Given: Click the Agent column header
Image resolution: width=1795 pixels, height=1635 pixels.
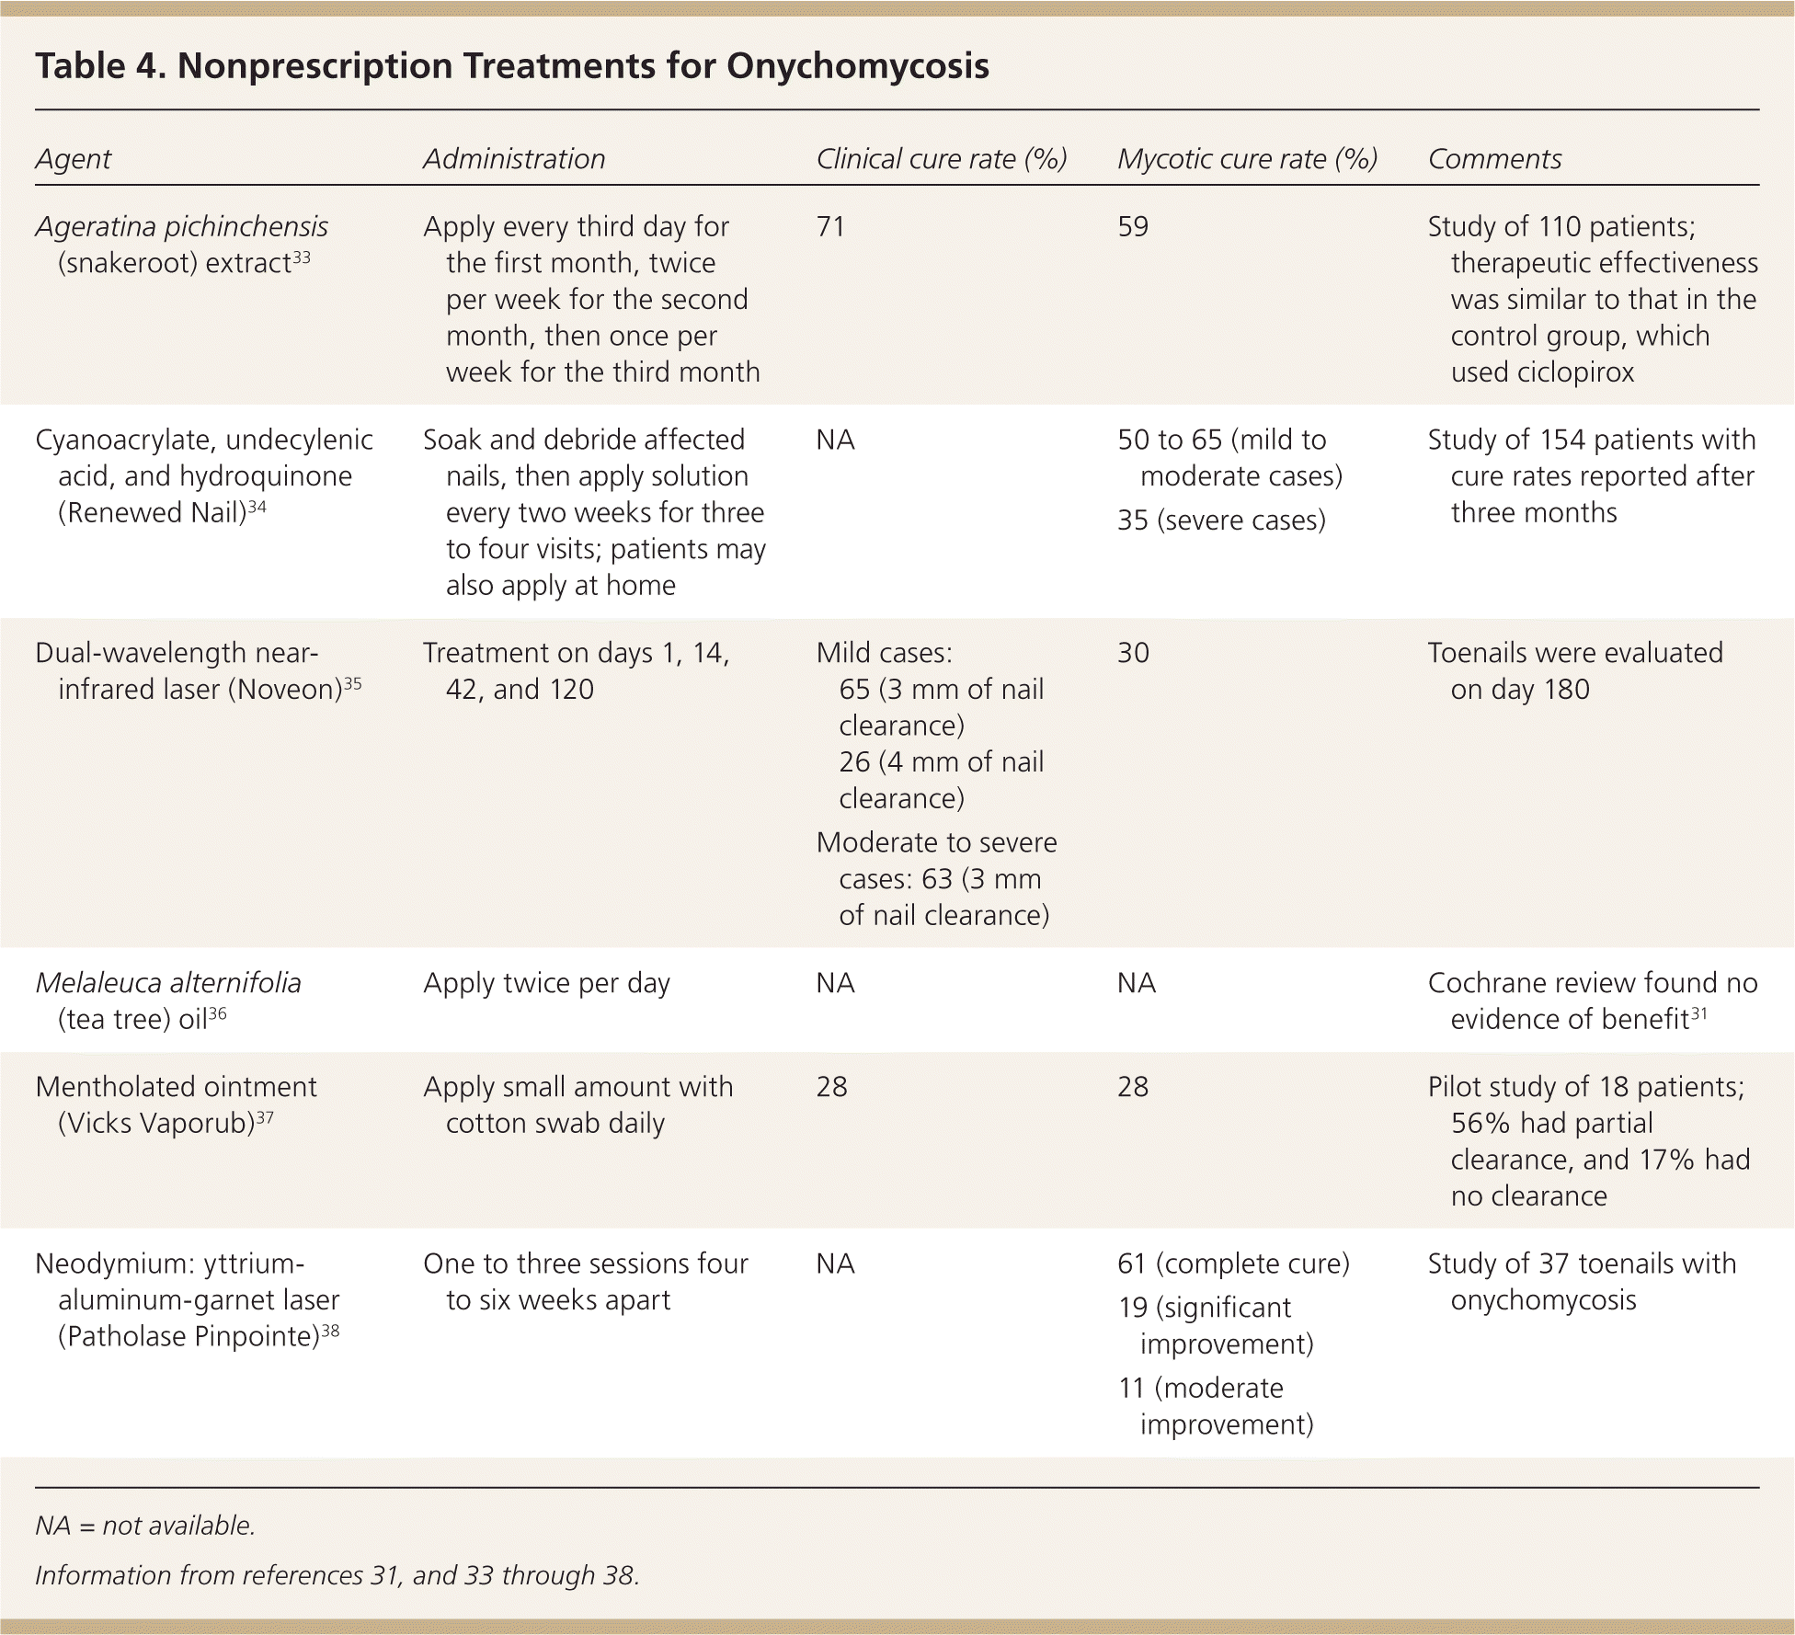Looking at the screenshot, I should click(73, 159).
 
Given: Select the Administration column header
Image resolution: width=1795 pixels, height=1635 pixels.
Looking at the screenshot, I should click(514, 159).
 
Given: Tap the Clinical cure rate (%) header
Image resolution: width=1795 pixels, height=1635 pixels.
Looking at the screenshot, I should click(941, 159).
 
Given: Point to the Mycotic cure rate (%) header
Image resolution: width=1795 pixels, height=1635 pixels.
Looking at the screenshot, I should click(1247, 159).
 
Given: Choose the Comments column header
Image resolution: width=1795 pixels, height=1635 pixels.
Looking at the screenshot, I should click(1494, 159).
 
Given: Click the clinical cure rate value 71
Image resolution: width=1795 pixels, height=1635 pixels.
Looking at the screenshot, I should click(830, 227).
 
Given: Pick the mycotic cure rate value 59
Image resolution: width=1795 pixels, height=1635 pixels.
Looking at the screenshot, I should click(1133, 227).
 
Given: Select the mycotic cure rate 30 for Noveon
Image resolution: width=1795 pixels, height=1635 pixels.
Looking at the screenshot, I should click(1133, 653).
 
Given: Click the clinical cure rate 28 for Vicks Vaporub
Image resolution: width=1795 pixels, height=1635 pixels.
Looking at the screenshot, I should click(831, 1087).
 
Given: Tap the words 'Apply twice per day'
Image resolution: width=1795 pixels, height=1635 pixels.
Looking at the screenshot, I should click(546, 983).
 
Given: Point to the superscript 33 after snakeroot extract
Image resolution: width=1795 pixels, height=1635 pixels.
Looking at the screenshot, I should click(301, 258).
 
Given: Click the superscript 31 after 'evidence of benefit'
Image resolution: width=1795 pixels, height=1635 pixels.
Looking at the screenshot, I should click(1698, 1013).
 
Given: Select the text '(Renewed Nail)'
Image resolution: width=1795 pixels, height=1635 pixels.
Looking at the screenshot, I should click(152, 513).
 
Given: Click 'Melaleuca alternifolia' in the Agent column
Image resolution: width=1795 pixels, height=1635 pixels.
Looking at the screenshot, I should click(168, 983).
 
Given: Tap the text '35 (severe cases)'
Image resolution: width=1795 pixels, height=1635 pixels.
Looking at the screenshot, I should click(1221, 520).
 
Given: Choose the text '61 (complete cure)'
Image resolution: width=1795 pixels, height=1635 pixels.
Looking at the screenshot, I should click(1233, 1264).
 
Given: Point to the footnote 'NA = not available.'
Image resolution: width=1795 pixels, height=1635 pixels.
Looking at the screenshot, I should click(145, 1526).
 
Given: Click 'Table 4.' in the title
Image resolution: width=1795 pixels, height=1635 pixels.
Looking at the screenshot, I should click(99, 66).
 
